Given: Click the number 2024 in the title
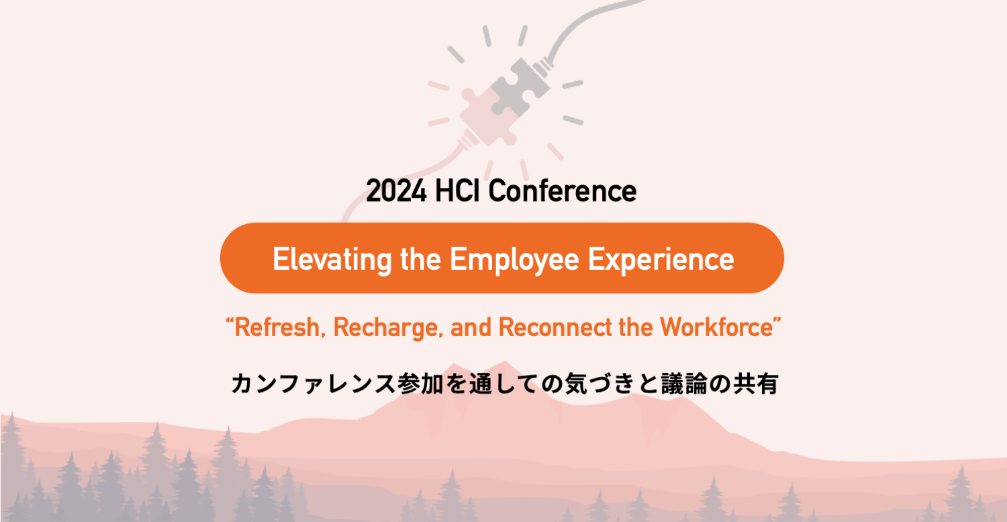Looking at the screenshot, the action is click(396, 191).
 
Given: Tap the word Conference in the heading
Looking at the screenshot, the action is click(563, 191).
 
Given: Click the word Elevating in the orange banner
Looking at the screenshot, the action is click(332, 260).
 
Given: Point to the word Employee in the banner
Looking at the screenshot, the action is click(514, 260).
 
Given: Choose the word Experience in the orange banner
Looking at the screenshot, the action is click(661, 260).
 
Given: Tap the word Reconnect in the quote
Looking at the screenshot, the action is click(555, 327).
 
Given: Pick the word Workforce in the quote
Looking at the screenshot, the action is click(716, 327).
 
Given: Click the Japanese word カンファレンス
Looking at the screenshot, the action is click(314, 384).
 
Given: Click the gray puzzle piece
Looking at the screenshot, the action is click(519, 88).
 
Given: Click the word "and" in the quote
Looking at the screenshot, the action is click(471, 327).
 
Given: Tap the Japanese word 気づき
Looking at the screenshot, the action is click(600, 384).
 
